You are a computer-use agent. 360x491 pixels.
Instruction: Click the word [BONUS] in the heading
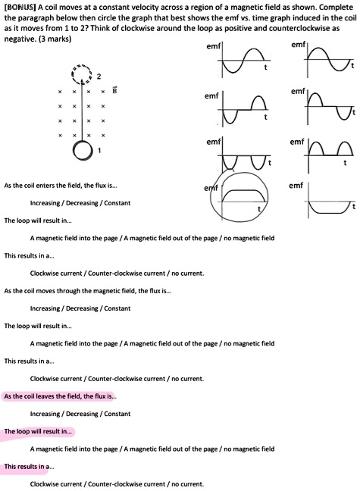pos(18,7)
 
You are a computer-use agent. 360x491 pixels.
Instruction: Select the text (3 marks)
pos(55,39)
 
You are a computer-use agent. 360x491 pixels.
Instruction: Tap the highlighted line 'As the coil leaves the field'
pos(60,396)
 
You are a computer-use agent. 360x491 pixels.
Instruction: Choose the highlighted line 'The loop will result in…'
pos(38,431)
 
